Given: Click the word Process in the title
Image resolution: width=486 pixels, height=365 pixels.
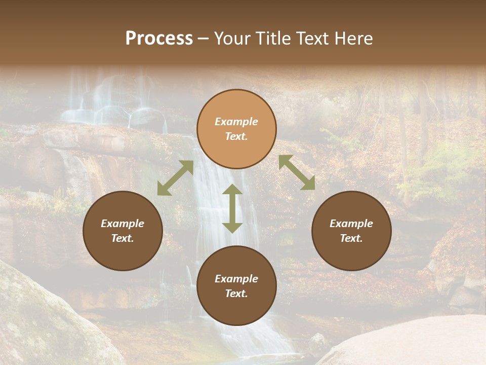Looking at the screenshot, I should coord(159,39).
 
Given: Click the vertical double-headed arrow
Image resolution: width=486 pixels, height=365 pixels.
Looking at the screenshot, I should coord(232,209).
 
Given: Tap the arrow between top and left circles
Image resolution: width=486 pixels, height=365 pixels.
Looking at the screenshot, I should coord(175,178).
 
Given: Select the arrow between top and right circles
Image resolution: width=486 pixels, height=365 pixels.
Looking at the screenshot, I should coord(297,172).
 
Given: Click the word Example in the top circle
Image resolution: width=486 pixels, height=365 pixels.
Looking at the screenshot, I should coord(236,122).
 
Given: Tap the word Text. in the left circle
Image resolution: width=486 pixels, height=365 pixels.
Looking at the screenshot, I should coord(123,238).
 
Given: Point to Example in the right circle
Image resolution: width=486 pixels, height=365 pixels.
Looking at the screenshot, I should coord(351,224).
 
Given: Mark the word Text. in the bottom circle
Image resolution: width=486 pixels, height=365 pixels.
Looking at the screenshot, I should coord(236,294).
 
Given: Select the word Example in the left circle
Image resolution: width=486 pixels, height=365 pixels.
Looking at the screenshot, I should coord(123,224).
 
